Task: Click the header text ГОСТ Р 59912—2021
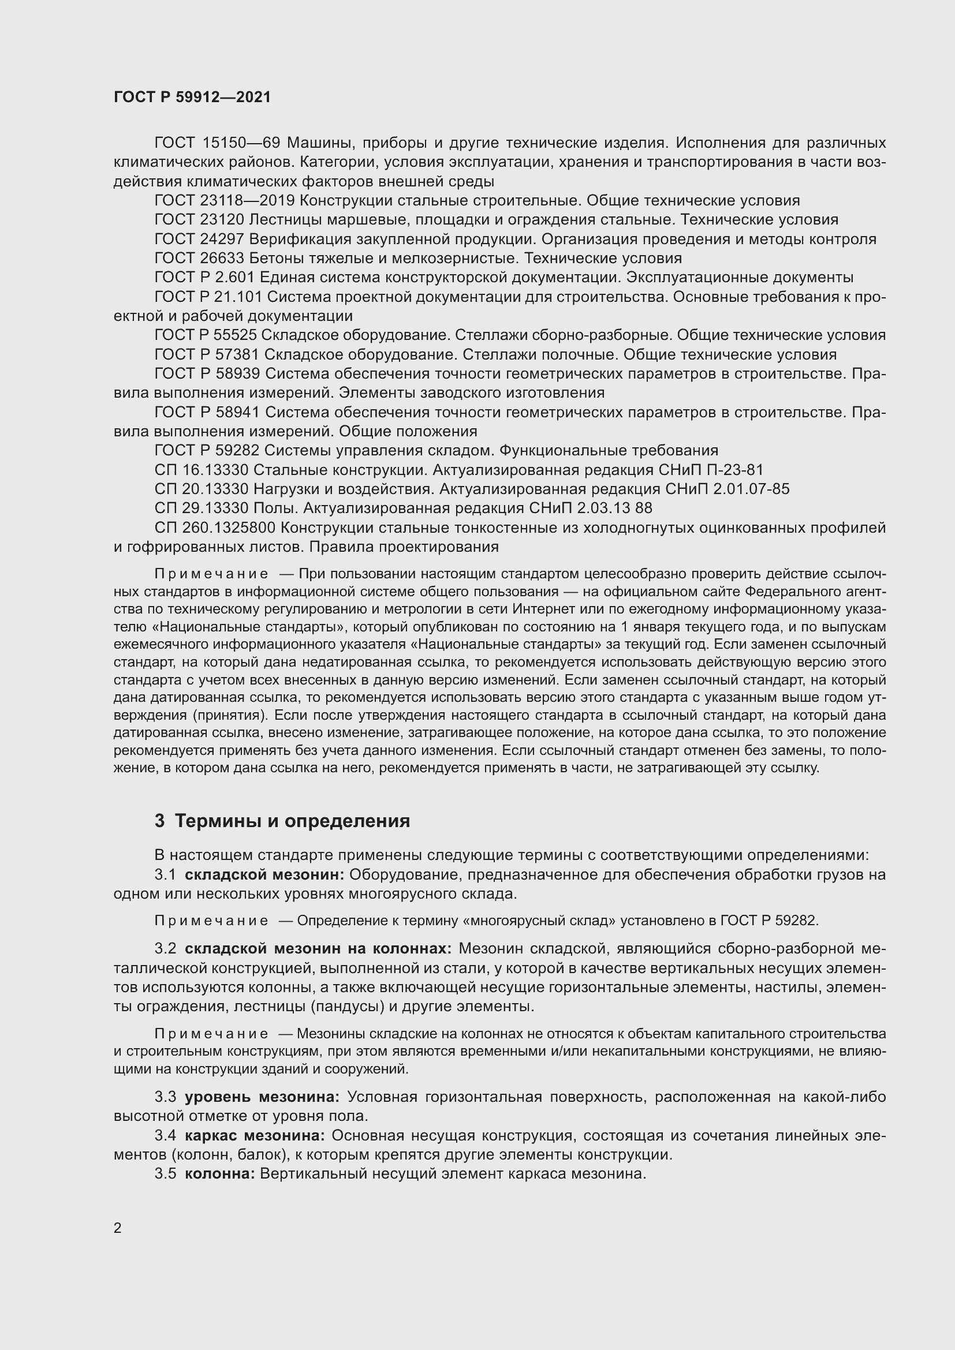(192, 98)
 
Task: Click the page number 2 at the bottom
(118, 1228)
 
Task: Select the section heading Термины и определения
(292, 821)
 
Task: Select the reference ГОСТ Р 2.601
(204, 278)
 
